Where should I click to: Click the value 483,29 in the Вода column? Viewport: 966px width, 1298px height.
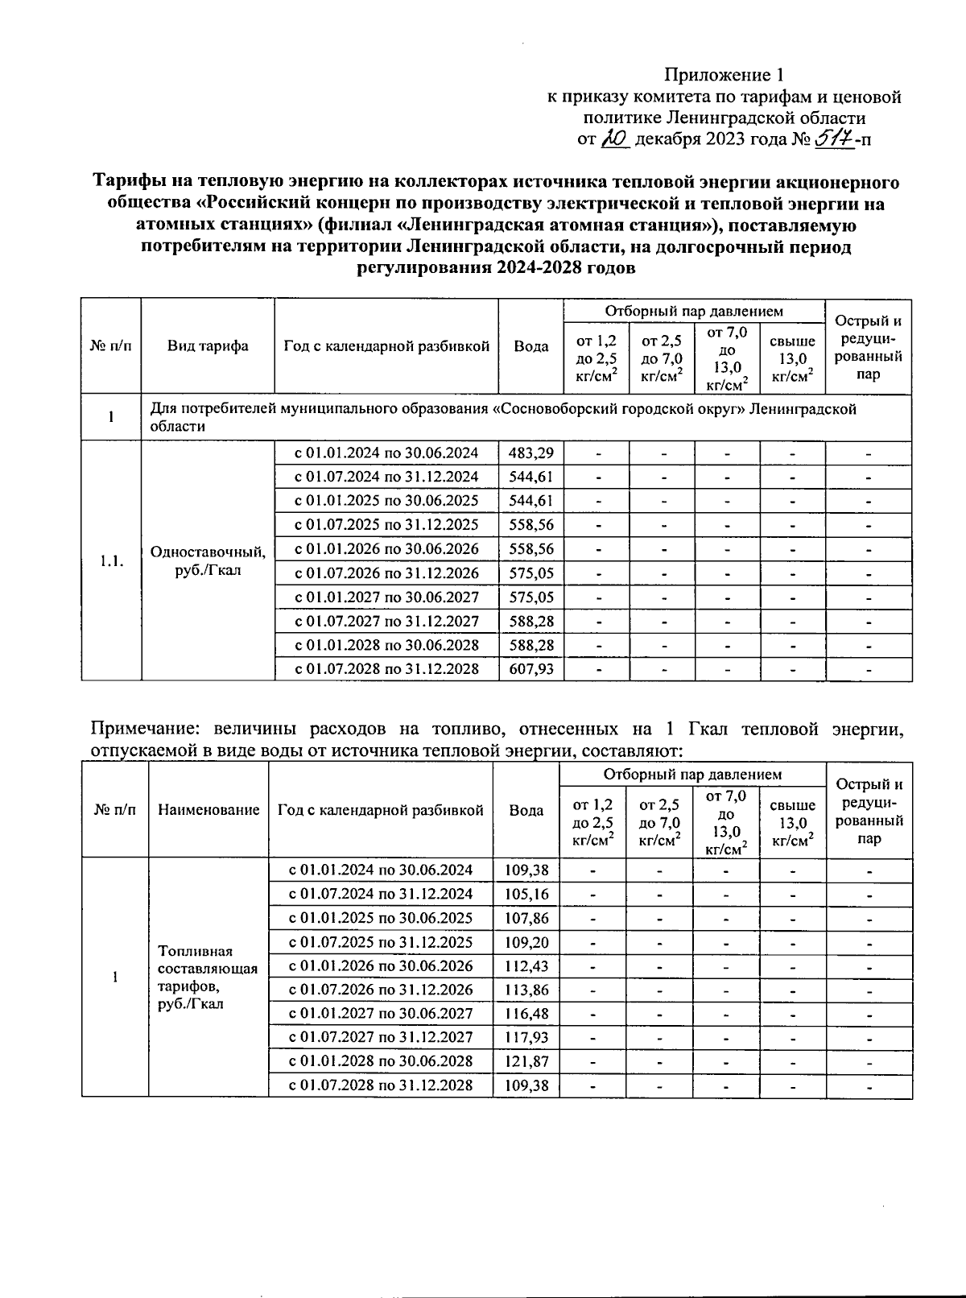click(x=531, y=453)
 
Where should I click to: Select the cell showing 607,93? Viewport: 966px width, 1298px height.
click(x=531, y=669)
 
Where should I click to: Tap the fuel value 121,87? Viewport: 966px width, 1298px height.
click(x=526, y=1061)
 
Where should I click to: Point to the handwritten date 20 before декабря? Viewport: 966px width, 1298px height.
click(x=614, y=138)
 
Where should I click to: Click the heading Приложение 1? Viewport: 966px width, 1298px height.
click(x=723, y=76)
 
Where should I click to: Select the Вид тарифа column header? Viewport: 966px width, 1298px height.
click(x=208, y=346)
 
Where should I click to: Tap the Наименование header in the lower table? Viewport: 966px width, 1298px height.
click(x=208, y=810)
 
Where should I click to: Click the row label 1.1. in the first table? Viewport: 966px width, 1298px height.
click(x=111, y=561)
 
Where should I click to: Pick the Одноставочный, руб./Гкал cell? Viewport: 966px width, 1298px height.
click(x=208, y=561)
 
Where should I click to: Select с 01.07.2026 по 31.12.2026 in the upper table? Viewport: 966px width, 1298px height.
click(x=386, y=573)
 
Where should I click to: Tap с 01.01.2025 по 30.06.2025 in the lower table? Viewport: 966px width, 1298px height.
click(x=380, y=918)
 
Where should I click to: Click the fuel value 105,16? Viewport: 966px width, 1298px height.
click(x=526, y=894)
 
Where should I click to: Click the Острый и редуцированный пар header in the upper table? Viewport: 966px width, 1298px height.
click(x=869, y=347)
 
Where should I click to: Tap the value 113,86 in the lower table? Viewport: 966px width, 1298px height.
click(x=526, y=990)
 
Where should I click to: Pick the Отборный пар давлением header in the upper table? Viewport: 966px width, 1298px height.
click(x=693, y=311)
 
